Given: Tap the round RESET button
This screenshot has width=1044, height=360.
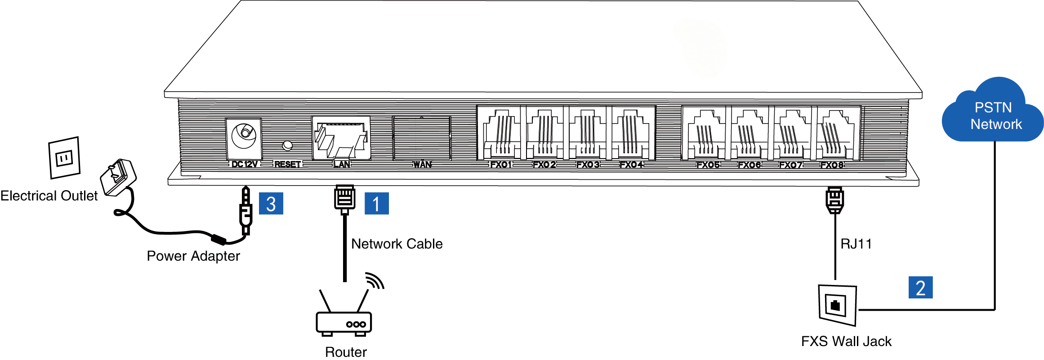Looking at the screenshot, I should coord(287,146).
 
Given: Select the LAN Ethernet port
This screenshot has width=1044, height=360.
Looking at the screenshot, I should coord(341,138).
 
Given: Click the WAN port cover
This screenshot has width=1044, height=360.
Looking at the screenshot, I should coord(421,138).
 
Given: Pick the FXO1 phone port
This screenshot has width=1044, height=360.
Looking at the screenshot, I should coord(500,133).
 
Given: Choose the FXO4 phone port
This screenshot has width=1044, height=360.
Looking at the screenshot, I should coord(631,133).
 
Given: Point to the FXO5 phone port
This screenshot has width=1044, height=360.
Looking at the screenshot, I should coord(705,133).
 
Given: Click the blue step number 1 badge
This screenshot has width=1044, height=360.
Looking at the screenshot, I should coord(376,204).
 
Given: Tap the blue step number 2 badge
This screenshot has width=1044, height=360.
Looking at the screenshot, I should coord(920,288).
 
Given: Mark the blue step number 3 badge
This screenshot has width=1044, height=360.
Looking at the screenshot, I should coord(271,204).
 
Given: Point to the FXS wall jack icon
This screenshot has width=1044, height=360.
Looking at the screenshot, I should coord(837,305).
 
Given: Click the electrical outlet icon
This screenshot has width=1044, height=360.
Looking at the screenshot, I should coord(64,158).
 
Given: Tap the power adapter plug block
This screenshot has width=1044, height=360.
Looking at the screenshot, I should coord(118,177).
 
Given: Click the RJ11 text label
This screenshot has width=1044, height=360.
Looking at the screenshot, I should coord(856,244).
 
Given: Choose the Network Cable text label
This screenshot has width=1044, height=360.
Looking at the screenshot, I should coord(397,244).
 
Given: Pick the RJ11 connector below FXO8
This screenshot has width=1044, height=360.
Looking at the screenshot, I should coord(834,200).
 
